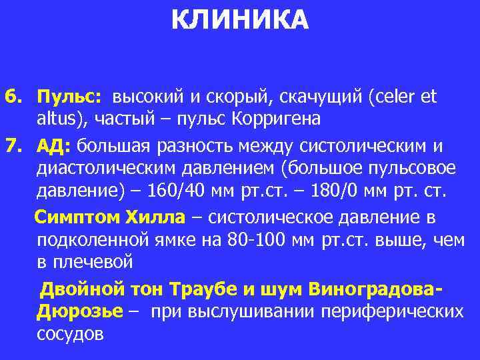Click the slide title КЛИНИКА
click(x=240, y=20)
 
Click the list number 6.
click(x=12, y=97)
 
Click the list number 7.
click(x=12, y=146)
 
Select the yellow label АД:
click(x=56, y=146)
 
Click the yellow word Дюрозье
click(x=80, y=312)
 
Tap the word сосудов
click(x=71, y=334)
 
